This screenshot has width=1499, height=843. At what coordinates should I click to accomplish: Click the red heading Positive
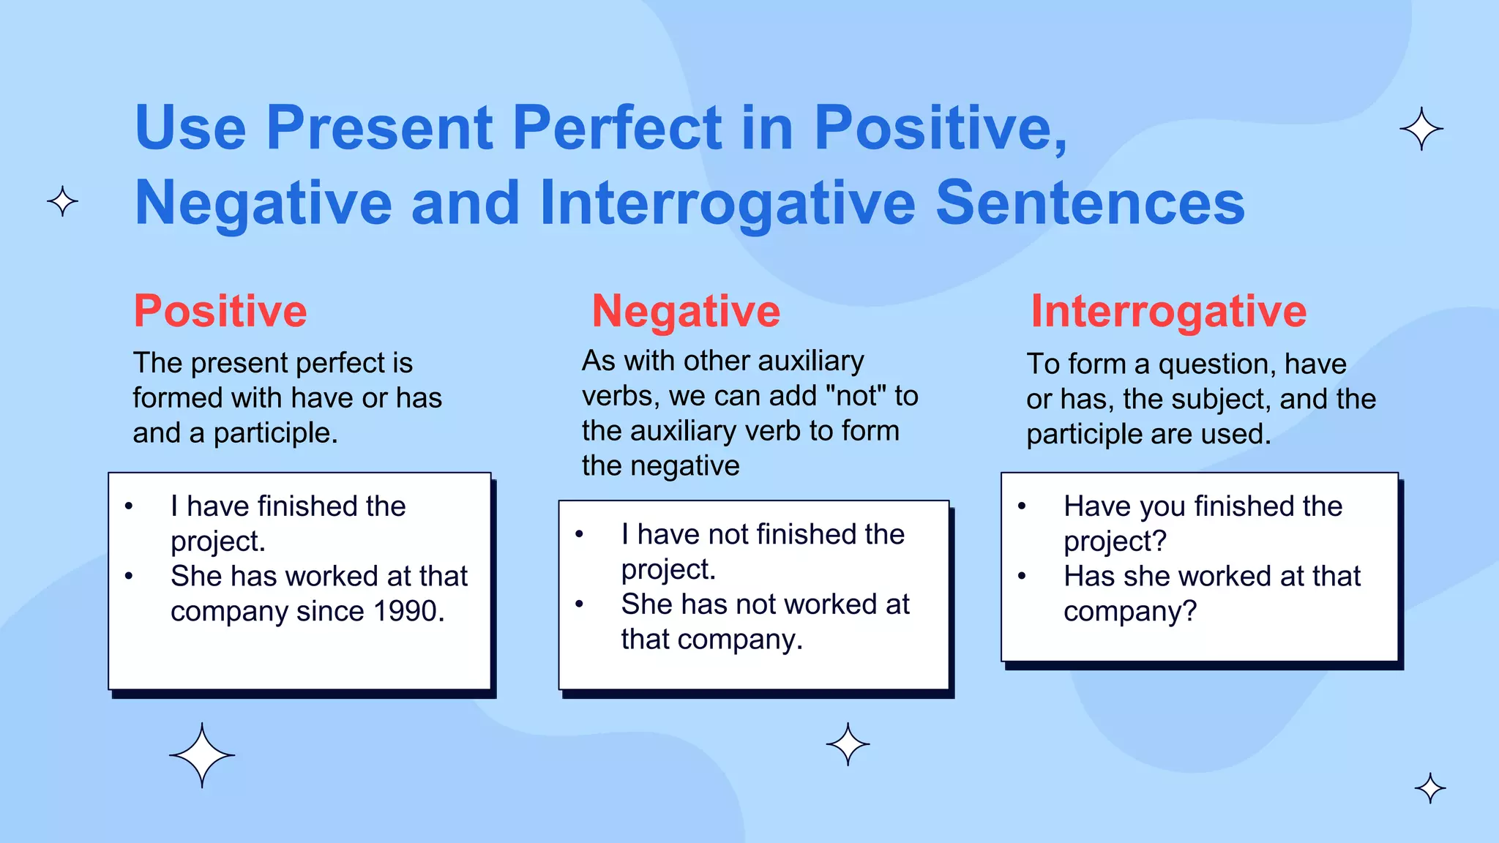coord(220,312)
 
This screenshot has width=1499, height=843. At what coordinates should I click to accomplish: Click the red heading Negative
coord(686,312)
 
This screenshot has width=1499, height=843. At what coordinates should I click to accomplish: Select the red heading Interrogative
coord(1168,312)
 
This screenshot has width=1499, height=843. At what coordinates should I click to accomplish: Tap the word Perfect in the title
coord(617,128)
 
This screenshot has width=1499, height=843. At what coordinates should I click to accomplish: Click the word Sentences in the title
coord(1090,203)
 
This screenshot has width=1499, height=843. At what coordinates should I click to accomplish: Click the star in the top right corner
coord(1421,129)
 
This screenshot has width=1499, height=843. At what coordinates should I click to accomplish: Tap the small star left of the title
coord(62,201)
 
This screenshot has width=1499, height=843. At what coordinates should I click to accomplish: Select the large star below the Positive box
coord(202,755)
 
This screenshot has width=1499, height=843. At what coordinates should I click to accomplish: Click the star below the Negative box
coord(848,744)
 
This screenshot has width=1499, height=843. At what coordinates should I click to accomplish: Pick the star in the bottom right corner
coord(1430,788)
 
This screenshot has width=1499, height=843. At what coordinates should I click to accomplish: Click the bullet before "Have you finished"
coord(1022,506)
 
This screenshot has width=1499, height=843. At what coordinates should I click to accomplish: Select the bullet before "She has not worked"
coord(579,604)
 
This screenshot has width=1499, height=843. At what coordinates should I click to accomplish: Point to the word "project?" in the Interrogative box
coord(1115,542)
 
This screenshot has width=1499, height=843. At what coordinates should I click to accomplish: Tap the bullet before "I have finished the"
coord(129,506)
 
